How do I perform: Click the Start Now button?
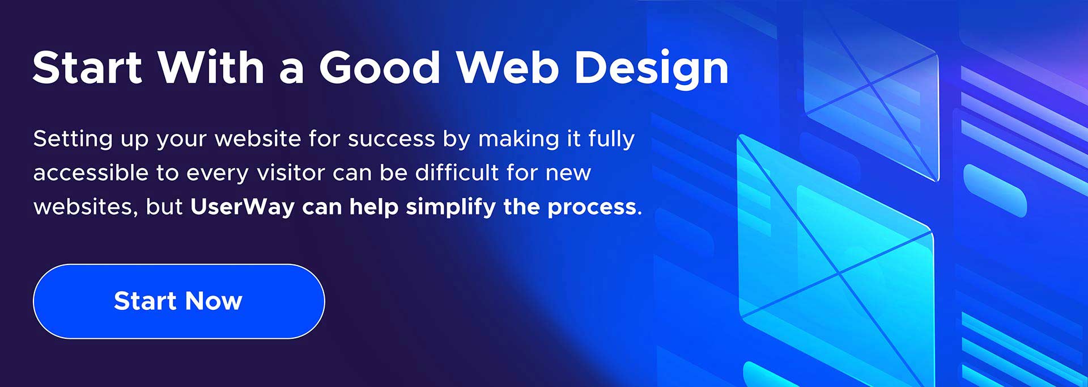tap(179, 301)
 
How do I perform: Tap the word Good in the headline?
tap(380, 68)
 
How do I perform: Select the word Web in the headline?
tap(508, 68)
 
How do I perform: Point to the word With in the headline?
tap(211, 68)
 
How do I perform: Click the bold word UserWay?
tap(243, 207)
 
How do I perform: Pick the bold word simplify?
tap(451, 207)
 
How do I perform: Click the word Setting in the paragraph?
tap(73, 140)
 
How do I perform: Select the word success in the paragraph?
tap(392, 140)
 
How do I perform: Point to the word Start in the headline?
tap(87, 68)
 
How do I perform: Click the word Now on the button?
tap(214, 301)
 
